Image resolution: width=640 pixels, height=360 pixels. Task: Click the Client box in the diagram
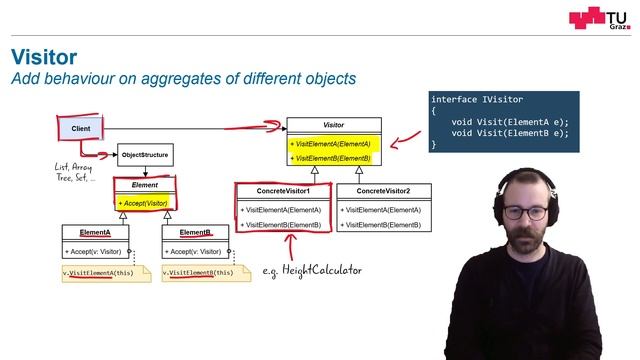[79, 128]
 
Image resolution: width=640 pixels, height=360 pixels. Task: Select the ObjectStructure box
[145, 155]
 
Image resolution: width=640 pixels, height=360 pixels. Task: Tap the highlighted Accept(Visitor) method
[145, 203]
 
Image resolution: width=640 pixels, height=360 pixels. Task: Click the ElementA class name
[94, 232]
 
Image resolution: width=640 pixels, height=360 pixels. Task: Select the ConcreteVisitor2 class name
[383, 191]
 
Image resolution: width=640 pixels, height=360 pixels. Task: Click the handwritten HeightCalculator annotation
[312, 270]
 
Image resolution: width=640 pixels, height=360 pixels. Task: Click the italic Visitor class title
[333, 126]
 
